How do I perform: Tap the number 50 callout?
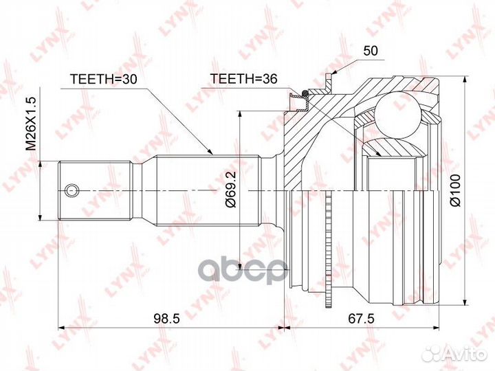point(370,51)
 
